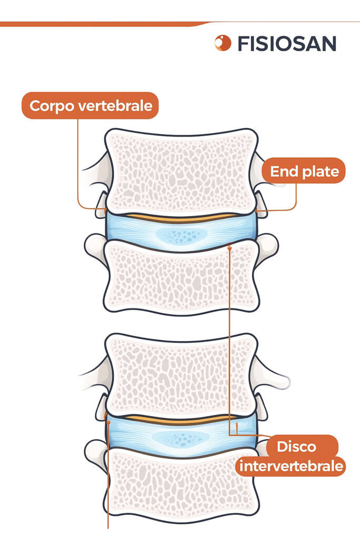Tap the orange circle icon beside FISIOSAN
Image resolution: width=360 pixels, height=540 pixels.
tap(223, 43)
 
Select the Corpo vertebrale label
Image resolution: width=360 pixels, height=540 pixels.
tap(91, 105)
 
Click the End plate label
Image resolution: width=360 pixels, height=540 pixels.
tap(304, 171)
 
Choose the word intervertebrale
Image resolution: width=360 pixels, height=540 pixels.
tap(291, 466)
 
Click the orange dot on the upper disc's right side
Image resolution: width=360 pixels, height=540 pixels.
tap(230, 246)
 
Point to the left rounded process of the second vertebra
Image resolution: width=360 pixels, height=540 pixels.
tap(95, 246)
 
